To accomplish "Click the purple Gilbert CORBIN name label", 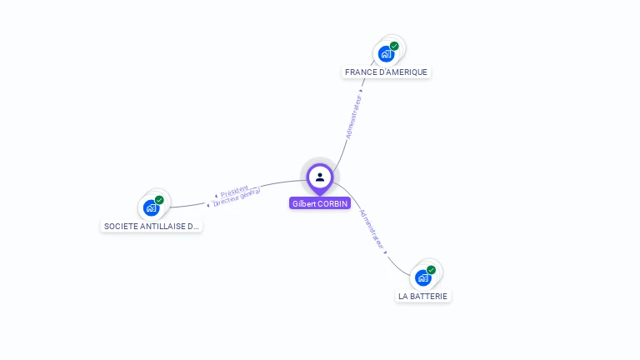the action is (x=320, y=203).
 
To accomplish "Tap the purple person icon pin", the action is (x=320, y=177).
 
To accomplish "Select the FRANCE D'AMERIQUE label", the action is (x=386, y=72).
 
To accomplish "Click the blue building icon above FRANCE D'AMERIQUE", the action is (x=386, y=55).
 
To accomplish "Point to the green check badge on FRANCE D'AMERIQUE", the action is (x=394, y=47).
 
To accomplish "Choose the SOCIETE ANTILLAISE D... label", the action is (x=151, y=226).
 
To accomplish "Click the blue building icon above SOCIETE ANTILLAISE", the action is (x=151, y=208).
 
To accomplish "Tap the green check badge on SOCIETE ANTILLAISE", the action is (x=159, y=200).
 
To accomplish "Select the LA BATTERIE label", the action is (x=422, y=296).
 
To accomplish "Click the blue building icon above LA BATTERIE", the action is (x=422, y=278).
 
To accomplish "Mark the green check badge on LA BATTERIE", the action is (x=431, y=270).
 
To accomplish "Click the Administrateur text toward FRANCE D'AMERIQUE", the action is (x=354, y=116).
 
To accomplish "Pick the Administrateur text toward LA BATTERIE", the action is (x=372, y=229).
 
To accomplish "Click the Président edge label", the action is (x=234, y=192).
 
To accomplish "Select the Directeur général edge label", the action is (x=237, y=197).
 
